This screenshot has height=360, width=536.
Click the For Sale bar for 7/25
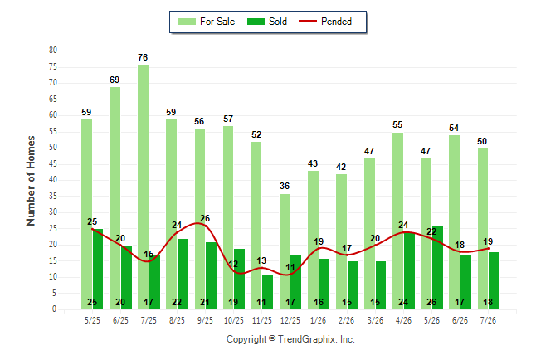pos(143,187)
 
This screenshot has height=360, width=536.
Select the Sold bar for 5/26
pos(437,268)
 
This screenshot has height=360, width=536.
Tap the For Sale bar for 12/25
pos(285,251)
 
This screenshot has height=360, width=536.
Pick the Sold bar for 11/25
pos(268,292)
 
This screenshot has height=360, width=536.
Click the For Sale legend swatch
pos(187,22)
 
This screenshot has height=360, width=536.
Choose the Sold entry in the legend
pos(267,22)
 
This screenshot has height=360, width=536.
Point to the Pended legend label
pos(336,22)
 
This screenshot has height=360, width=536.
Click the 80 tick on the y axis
pos(53,51)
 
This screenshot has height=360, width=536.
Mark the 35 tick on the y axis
pos(53,197)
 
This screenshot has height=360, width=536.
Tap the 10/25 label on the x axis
pos(234,320)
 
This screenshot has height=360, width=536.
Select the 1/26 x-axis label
pos(319,320)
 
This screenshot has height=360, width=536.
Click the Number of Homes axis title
pos(31,181)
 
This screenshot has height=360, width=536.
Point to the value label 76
pos(143,57)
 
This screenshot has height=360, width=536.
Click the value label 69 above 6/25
pos(115,80)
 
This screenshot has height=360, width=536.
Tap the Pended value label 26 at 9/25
pos(205,218)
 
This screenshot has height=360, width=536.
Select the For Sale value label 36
pos(285,186)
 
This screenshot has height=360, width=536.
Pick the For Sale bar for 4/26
pos(398,221)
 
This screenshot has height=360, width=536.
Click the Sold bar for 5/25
pos(98,269)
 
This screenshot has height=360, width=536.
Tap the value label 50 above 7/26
pos(482,141)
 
